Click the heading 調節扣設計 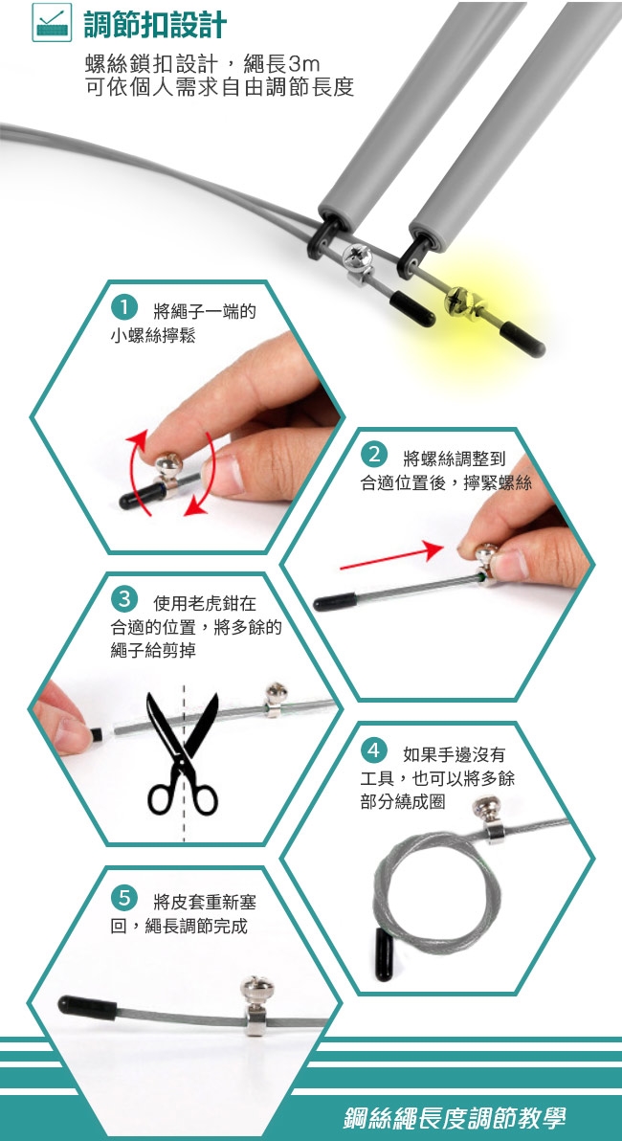click(x=155, y=24)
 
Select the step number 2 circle click(x=375, y=457)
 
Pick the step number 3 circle click(x=125, y=599)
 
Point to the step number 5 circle click(x=125, y=897)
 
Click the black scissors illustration click(x=183, y=753)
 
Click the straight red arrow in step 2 click(x=391, y=557)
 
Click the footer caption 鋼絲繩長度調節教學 click(x=455, y=1117)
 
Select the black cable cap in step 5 click(x=87, y=1008)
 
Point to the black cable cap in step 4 click(x=385, y=953)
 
